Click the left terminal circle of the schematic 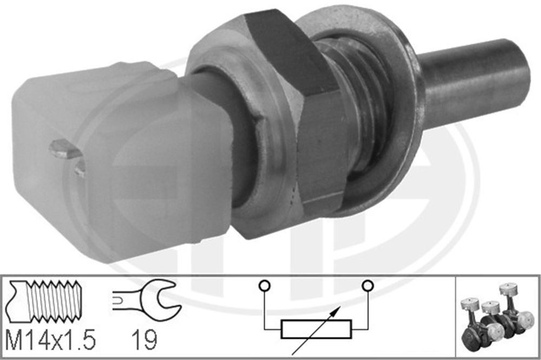265,285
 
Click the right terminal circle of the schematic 368,285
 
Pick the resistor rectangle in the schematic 316,329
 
